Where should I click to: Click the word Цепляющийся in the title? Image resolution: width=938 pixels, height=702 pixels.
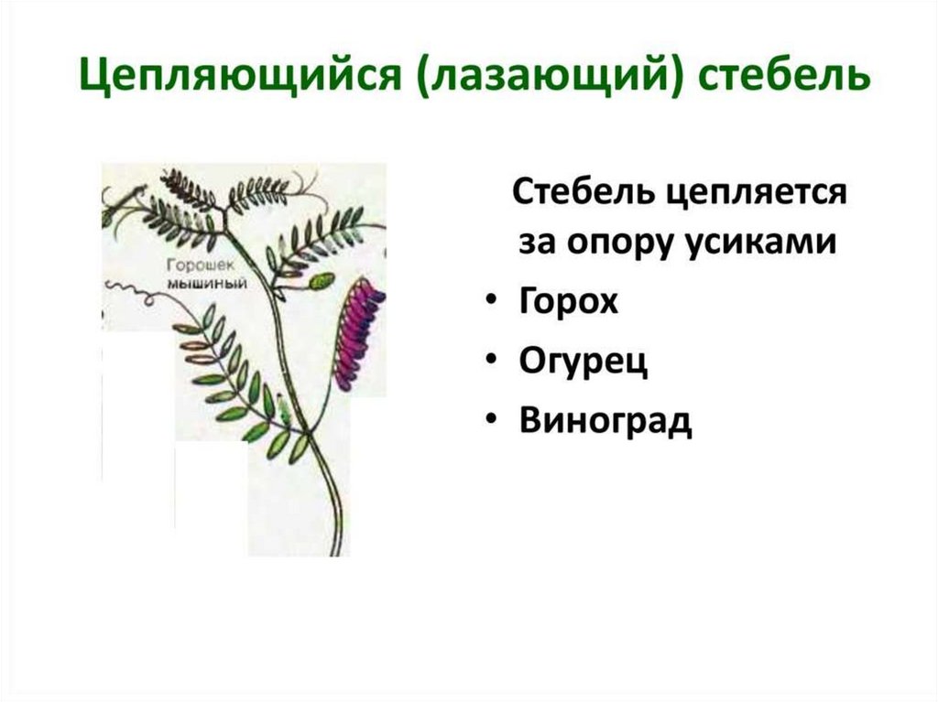[240, 76]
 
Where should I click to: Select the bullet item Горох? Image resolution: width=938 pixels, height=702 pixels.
[568, 300]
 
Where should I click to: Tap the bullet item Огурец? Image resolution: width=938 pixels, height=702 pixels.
[584, 362]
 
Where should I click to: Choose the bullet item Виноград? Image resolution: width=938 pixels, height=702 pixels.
[605, 420]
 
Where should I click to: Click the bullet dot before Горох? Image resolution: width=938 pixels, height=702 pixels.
[492, 301]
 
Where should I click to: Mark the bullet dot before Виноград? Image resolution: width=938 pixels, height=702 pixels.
[492, 420]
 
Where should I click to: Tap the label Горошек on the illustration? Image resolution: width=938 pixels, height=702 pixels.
[201, 265]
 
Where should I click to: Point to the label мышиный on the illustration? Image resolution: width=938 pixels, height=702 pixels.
[206, 283]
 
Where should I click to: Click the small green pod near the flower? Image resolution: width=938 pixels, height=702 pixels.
[322, 280]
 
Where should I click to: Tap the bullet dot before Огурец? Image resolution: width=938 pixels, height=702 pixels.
[492, 361]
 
